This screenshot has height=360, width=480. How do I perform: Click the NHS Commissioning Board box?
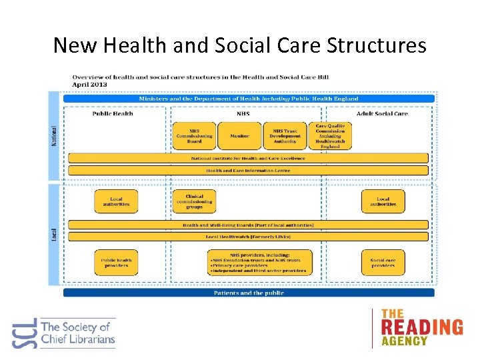[194, 136]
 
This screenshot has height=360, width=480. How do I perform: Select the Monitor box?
[239, 136]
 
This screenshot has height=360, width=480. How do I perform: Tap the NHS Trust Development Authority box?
[285, 136]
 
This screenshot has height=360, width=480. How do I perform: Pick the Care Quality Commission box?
[330, 136]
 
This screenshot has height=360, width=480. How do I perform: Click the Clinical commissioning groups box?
[194, 202]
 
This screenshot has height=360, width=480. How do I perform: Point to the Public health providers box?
[117, 263]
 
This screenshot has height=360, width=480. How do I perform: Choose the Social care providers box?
[383, 263]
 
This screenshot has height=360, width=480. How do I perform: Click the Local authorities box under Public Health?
[117, 202]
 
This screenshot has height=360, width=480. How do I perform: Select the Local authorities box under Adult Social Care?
[383, 202]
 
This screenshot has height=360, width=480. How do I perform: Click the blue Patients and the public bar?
[249, 293]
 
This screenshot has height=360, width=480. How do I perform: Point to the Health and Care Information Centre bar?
[248, 170]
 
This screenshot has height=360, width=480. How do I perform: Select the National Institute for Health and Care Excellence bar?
[248, 159]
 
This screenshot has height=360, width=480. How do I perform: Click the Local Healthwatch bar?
[248, 237]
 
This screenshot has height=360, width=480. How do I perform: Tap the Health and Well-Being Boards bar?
[248, 225]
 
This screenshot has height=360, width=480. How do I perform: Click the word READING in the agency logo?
[421, 327]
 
